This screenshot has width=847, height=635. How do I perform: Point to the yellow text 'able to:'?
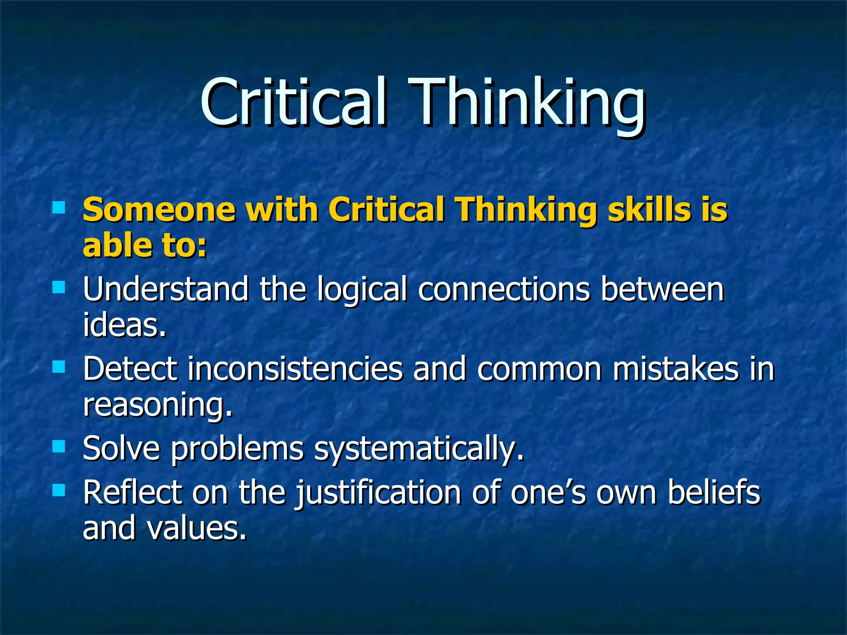(x=144, y=245)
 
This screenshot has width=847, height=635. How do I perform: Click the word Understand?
(x=166, y=289)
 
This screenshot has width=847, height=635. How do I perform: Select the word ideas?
(x=124, y=325)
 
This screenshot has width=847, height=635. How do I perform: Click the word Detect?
(x=130, y=369)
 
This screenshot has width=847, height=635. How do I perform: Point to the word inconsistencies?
(x=295, y=369)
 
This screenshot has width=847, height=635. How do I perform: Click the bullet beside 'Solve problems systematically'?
(x=59, y=447)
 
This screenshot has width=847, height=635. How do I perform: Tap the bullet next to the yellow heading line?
(x=59, y=207)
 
